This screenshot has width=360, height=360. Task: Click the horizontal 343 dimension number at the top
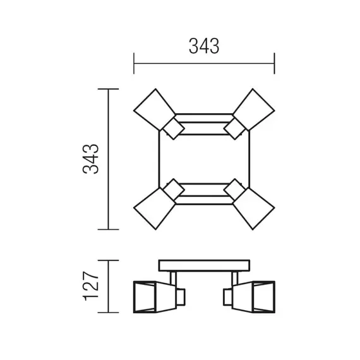[204, 46]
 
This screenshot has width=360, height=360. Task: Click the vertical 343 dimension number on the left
[91, 159]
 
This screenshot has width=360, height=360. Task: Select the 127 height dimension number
[91, 286]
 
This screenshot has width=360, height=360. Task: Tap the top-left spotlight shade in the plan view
[155, 110]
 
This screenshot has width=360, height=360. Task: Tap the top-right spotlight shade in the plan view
[254, 110]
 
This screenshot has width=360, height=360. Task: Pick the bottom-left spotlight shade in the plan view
[155, 208]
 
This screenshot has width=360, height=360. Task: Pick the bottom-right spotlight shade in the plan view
[254, 208]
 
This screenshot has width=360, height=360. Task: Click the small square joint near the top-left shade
[174, 129]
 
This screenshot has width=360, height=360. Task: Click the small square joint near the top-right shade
[235, 129]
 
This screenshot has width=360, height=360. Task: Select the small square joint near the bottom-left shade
[174, 189]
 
